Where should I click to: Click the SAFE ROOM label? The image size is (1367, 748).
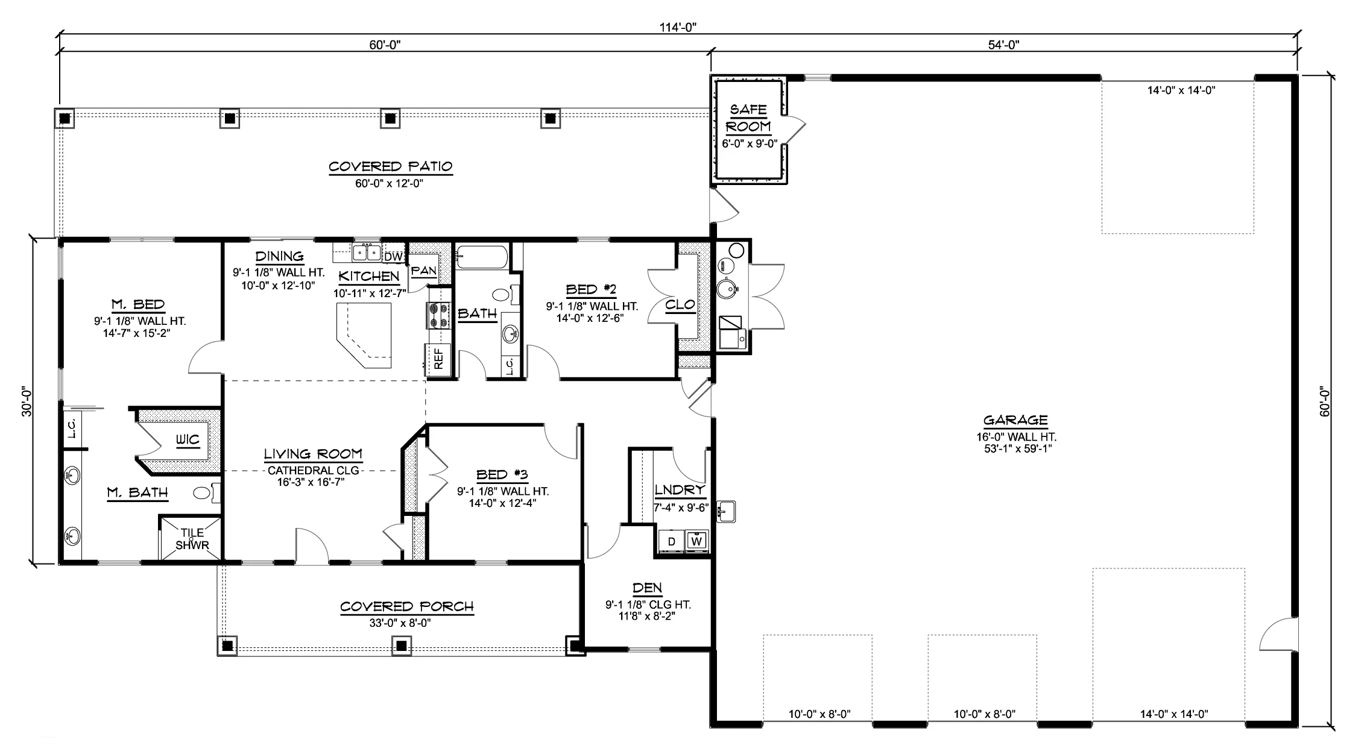point(748,118)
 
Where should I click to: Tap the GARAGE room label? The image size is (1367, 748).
point(1015,421)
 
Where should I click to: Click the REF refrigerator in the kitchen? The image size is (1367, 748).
point(438,359)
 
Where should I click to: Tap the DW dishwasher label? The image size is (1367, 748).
point(393,257)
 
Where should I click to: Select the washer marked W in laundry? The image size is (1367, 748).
point(697,541)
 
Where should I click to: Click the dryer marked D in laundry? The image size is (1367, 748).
point(672,541)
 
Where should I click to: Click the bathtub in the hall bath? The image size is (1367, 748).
point(481,258)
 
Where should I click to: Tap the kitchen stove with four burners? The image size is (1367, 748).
point(439,315)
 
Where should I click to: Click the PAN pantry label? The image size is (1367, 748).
point(424,271)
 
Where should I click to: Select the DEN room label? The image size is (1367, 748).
point(648,588)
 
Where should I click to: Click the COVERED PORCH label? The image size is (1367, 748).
point(407,606)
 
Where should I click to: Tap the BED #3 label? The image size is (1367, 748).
point(502,475)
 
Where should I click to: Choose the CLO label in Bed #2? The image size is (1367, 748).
point(680,305)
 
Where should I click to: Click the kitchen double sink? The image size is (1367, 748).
point(367,253)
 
